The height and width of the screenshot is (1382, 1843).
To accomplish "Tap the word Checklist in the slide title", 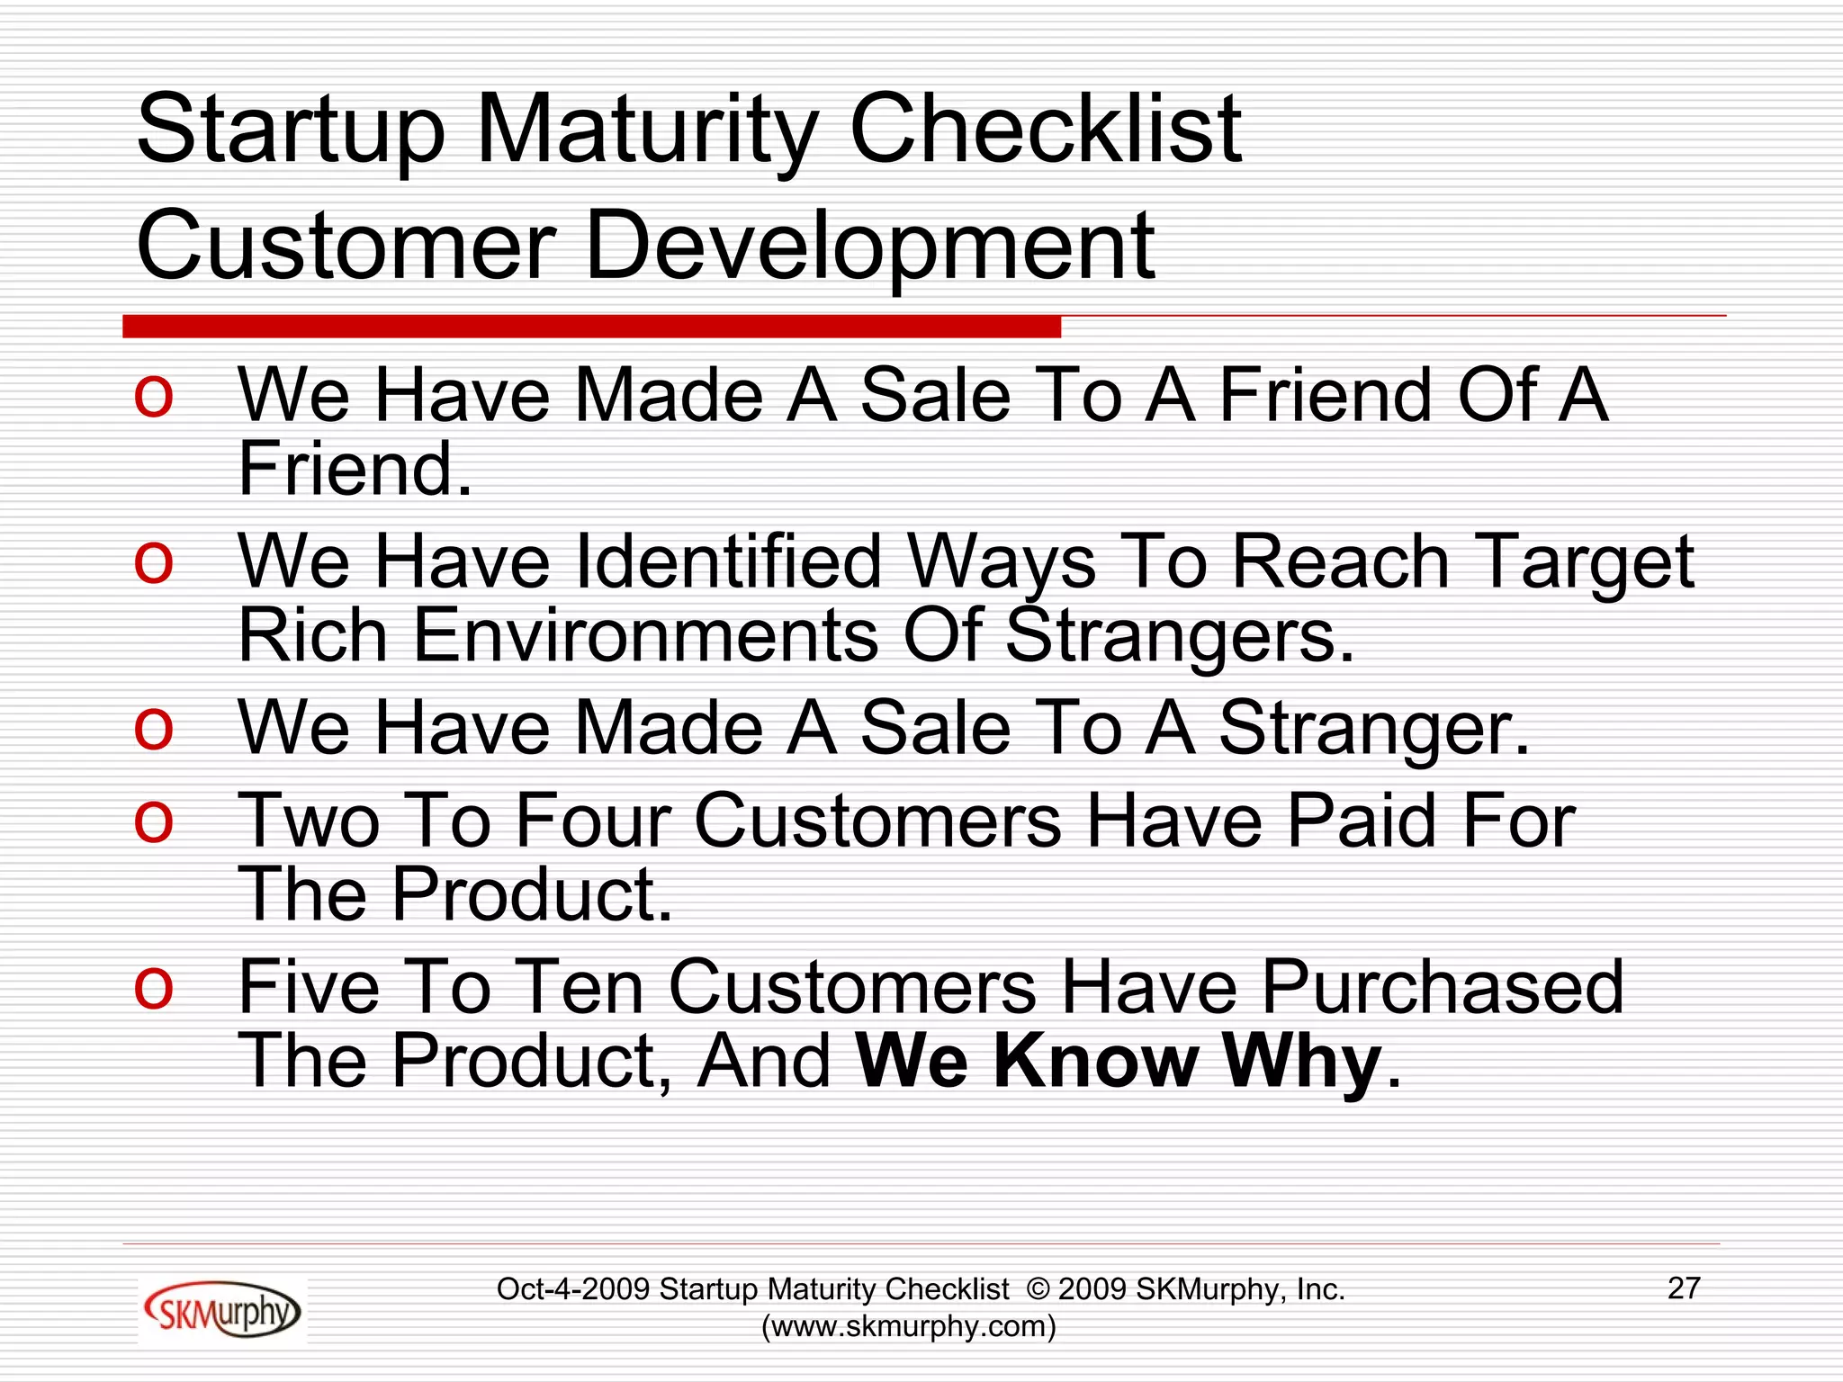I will [x=1044, y=130].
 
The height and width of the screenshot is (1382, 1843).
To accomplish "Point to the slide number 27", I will [x=1684, y=1288].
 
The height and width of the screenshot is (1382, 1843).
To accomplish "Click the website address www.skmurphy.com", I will [x=908, y=1326].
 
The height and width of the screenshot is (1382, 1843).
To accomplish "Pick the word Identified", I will [x=727, y=562].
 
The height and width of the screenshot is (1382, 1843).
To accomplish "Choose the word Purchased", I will [x=1443, y=987].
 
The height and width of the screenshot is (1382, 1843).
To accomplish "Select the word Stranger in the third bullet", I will [x=1371, y=729].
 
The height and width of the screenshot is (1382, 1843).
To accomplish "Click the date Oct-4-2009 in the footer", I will [x=573, y=1289].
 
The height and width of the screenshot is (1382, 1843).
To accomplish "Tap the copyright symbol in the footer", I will [x=1038, y=1289].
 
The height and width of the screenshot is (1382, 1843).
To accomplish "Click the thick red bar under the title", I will [x=591, y=327].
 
